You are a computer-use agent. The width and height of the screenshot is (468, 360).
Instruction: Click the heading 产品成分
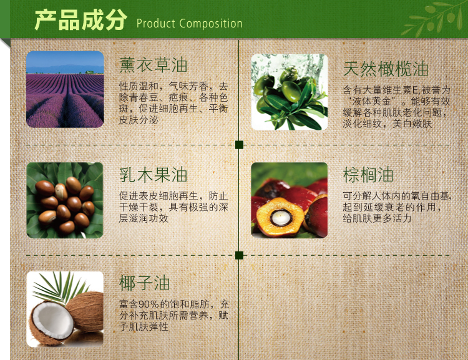coord(80,20)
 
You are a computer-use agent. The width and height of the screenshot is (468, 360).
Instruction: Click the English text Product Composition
coord(189,23)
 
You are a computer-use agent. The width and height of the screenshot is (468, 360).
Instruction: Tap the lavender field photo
coord(65,89)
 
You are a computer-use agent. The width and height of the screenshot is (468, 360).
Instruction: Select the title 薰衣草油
coord(153,65)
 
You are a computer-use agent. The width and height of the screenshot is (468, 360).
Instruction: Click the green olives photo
coord(289,92)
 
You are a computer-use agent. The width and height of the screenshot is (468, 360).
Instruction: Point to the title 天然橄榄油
coord(386,69)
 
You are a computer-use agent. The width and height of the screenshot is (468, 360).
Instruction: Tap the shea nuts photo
coord(65,200)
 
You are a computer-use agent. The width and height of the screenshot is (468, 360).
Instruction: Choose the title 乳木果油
coord(153,175)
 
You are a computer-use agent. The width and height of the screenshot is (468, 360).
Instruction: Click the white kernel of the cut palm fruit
coord(281,218)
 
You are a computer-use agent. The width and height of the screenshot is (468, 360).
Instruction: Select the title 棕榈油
coord(368,175)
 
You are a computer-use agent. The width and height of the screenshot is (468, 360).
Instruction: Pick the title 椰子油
coord(145,283)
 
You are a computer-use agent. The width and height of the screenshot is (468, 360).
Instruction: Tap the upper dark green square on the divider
coord(239,145)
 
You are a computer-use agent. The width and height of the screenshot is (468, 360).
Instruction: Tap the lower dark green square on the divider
coord(239,255)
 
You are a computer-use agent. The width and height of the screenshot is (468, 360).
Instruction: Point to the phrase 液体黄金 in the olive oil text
coord(371,102)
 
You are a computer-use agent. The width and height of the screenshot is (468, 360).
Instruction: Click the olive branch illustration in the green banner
coord(432,18)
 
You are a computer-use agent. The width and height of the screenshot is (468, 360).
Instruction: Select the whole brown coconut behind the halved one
coord(85,311)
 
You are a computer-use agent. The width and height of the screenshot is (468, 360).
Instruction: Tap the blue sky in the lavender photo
coord(65,59)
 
